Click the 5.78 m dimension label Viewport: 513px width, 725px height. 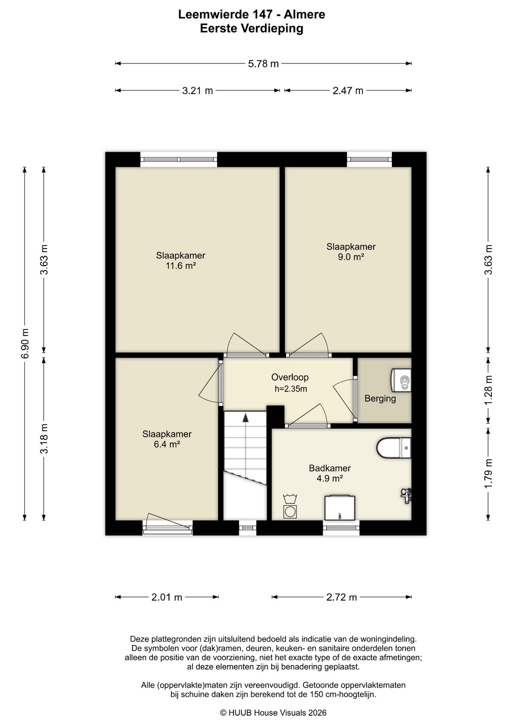click(x=263, y=64)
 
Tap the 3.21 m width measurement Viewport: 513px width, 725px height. click(x=198, y=91)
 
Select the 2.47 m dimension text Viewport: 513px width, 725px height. click(x=348, y=91)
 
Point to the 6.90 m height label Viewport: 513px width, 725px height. click(x=25, y=344)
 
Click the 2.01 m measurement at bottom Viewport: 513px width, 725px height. click(x=167, y=597)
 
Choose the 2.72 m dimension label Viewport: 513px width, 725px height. click(x=341, y=597)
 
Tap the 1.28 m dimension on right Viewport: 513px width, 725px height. click(x=488, y=390)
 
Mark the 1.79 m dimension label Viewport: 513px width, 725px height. click(x=488, y=474)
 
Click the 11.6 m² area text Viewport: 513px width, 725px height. click(x=181, y=266)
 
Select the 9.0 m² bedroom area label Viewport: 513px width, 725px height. click(x=351, y=257)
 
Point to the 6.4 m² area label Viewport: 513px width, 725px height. click(x=167, y=444)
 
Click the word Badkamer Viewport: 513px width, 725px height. click(x=330, y=468)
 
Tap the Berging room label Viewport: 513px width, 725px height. click(x=380, y=399)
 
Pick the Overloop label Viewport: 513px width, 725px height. click(x=290, y=377)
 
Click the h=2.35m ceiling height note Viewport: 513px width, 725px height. click(x=290, y=389)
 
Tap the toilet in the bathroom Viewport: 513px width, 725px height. click(x=394, y=448)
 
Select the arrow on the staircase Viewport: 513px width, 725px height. click(x=246, y=418)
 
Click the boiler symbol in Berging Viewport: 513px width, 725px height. click(x=401, y=380)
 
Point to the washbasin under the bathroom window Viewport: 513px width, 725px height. click(x=340, y=508)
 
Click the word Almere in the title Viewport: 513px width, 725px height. click(x=304, y=15)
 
